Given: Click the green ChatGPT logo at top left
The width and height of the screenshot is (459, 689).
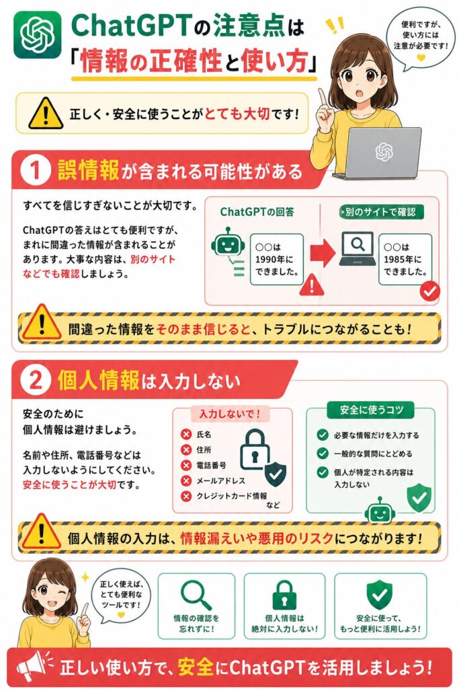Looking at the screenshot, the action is point(38,35).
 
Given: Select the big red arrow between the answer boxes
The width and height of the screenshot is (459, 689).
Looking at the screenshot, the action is point(323,253).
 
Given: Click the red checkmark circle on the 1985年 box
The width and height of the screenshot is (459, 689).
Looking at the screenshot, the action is point(429,291).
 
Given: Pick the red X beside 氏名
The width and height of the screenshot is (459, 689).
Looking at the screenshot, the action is point(186,435).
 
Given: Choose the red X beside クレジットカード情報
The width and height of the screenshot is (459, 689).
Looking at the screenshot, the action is point(186,496).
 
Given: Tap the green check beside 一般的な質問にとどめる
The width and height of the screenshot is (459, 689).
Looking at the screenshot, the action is point(323,454).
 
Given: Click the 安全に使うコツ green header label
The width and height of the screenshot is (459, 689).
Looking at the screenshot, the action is point(371,410).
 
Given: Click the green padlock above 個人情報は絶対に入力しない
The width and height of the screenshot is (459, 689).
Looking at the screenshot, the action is point(284,595).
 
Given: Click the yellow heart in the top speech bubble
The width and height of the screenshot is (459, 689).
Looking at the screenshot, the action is point(421,57).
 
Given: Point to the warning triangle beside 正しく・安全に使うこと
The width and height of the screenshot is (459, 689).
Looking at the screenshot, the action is point(46,113).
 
